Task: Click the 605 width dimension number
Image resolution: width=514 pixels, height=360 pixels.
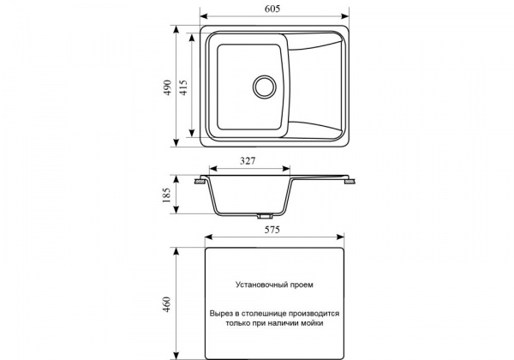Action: click(x=272, y=9)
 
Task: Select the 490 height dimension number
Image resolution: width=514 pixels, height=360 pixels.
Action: click(x=168, y=87)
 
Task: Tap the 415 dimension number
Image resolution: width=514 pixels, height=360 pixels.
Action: click(x=183, y=87)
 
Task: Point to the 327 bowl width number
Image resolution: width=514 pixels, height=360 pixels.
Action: click(x=248, y=161)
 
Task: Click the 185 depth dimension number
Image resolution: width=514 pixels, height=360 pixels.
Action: click(x=167, y=195)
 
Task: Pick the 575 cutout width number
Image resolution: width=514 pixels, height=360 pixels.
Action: click(x=272, y=230)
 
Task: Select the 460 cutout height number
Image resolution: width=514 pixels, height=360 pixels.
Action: click(x=167, y=304)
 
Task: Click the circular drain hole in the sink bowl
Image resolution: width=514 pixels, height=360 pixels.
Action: click(x=264, y=87)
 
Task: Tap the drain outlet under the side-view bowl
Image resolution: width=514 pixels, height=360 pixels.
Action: click(x=265, y=216)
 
